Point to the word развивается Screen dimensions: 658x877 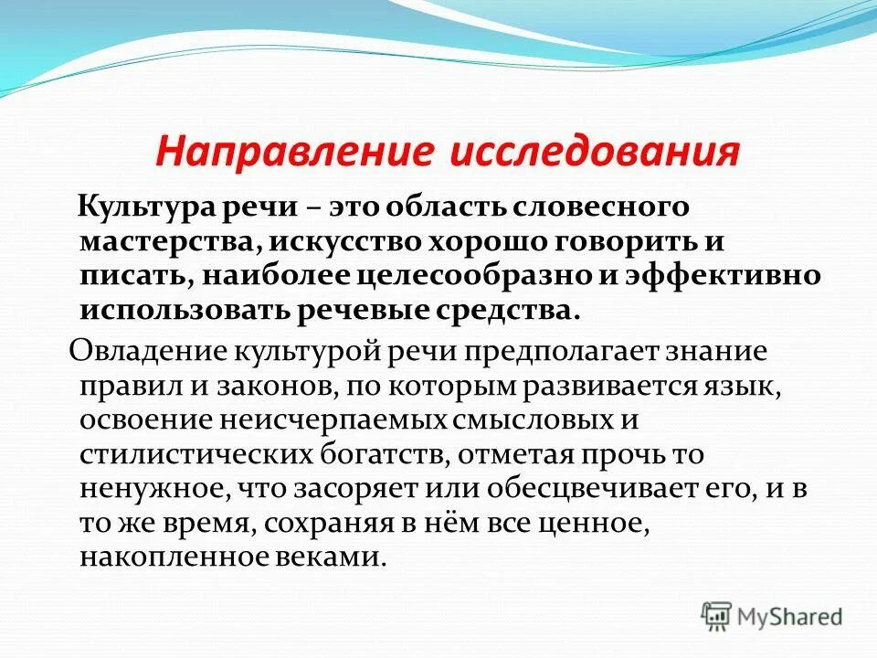click(608, 387)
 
